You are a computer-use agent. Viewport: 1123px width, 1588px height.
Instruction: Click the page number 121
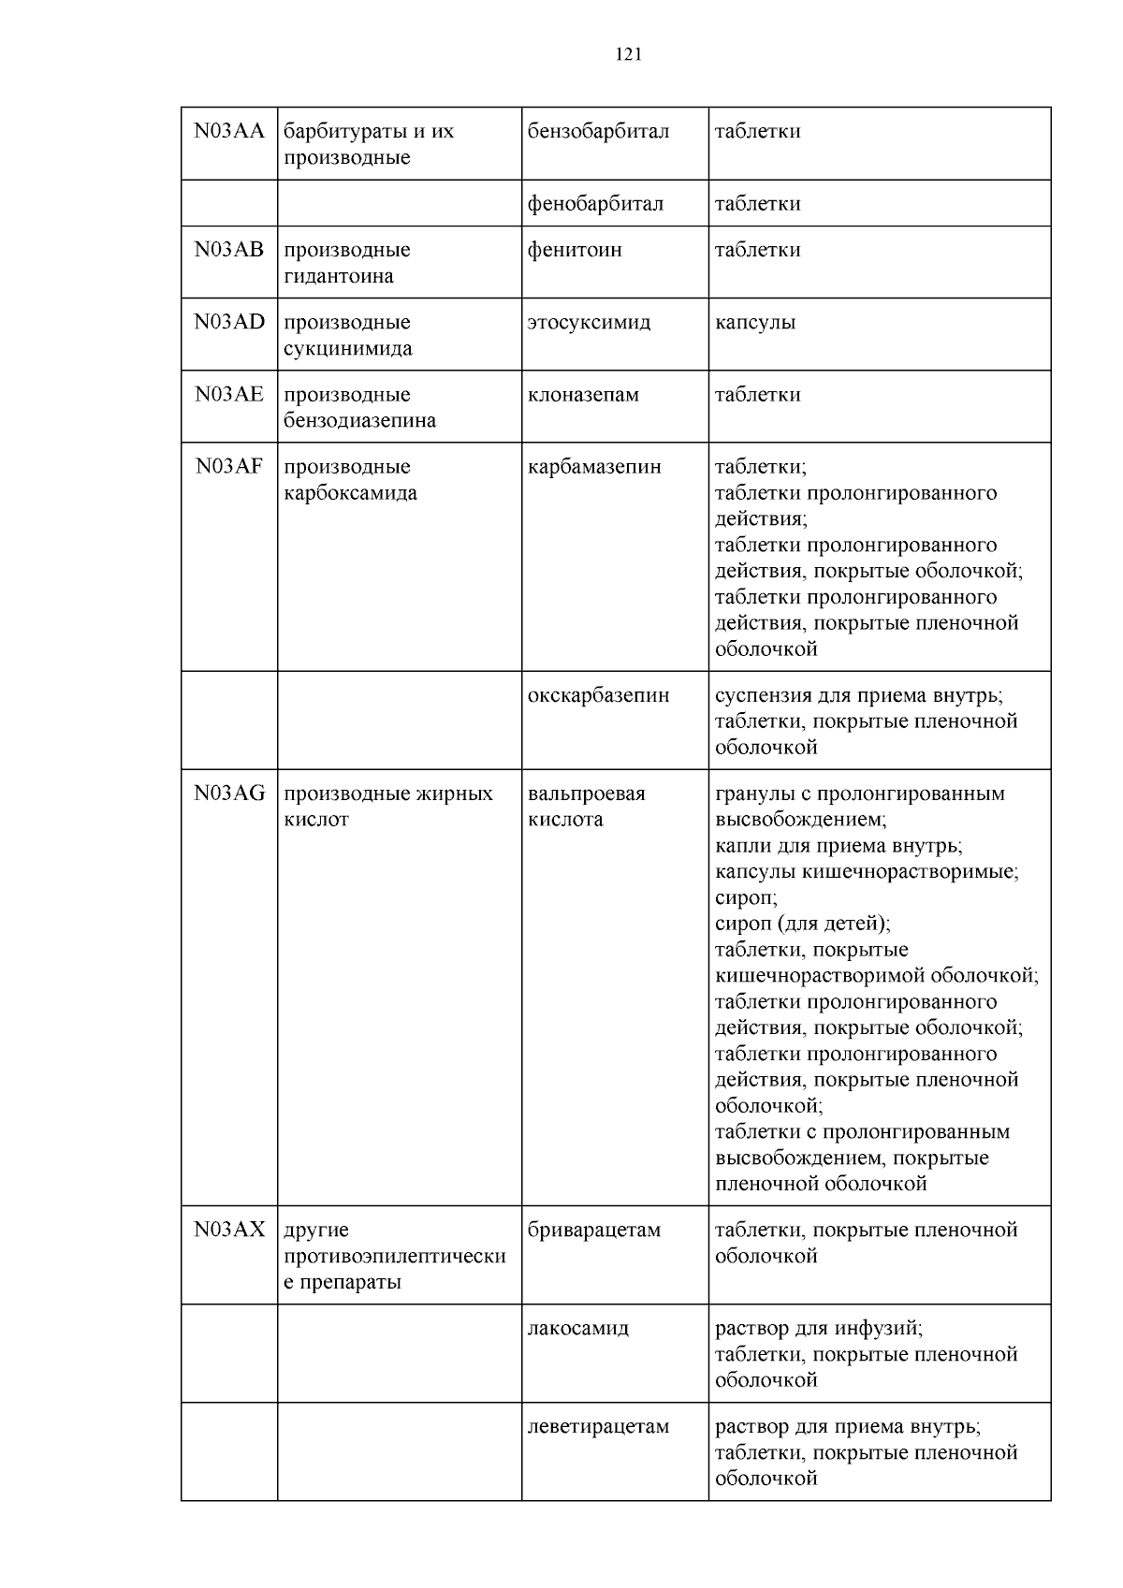pyautogui.click(x=629, y=54)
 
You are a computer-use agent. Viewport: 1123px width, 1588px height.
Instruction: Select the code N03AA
pyautogui.click(x=229, y=131)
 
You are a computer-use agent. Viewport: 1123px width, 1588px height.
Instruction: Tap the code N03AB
pyautogui.click(x=229, y=250)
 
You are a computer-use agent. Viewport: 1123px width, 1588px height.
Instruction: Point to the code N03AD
pyautogui.click(x=229, y=322)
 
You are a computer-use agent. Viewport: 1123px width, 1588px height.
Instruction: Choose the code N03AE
pyautogui.click(x=229, y=394)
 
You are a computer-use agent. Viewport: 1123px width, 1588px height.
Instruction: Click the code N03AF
pyautogui.click(x=229, y=466)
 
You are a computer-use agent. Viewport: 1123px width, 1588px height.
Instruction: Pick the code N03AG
pyautogui.click(x=229, y=794)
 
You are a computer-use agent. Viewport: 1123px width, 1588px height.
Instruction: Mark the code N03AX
pyautogui.click(x=229, y=1230)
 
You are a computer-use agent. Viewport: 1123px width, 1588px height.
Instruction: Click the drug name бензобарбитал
pyautogui.click(x=598, y=131)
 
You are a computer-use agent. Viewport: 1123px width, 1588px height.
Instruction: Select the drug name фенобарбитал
pyautogui.click(x=595, y=204)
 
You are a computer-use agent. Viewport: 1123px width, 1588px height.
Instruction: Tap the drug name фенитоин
pyautogui.click(x=575, y=250)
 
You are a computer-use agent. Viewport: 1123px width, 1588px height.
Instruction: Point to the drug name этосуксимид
pyautogui.click(x=589, y=322)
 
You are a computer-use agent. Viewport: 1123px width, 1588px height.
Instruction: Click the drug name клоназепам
pyautogui.click(x=583, y=394)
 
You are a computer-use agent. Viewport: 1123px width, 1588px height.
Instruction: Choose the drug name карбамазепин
pyautogui.click(x=594, y=466)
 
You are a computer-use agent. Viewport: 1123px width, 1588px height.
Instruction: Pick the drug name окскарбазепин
pyautogui.click(x=598, y=695)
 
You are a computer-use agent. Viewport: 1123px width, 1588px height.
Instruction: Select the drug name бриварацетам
pyautogui.click(x=594, y=1230)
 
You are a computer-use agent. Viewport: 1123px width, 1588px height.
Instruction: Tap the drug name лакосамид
pyautogui.click(x=577, y=1328)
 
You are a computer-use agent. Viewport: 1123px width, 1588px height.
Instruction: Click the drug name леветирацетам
pyautogui.click(x=598, y=1426)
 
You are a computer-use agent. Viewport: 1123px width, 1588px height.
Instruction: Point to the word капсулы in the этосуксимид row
pyautogui.click(x=755, y=322)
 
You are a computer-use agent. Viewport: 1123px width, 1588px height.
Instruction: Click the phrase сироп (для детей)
pyautogui.click(x=802, y=924)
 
